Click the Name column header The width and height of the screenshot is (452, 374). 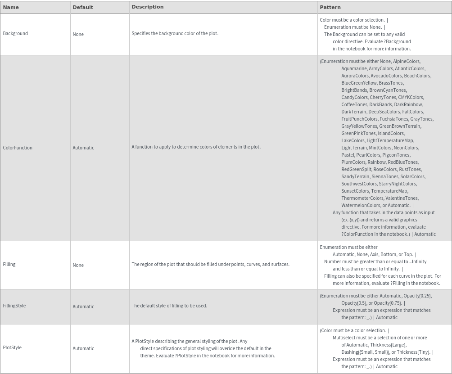tap(11, 7)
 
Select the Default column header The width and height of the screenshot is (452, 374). tap(83, 7)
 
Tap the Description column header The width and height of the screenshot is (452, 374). tap(148, 7)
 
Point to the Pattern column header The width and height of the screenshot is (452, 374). tap(330, 7)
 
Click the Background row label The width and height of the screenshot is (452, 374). tap(15, 33)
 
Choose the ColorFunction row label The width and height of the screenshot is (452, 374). tap(18, 148)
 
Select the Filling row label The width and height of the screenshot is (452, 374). tap(9, 264)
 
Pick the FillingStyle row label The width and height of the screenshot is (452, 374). tap(14, 306)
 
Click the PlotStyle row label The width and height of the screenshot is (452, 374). tap(12, 347)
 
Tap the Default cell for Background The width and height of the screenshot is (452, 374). tap(78, 34)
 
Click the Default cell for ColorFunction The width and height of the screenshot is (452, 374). tap(83, 148)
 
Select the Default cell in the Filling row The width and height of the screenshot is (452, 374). tap(78, 265)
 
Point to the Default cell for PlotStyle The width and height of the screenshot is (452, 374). tap(83, 348)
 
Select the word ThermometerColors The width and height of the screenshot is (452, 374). tap(362, 198)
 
